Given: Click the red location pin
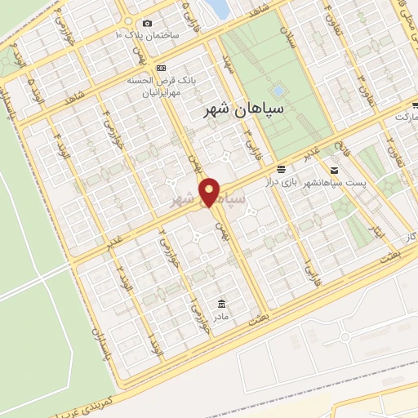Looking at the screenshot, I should pos(211,192).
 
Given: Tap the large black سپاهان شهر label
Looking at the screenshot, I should pos(243,109).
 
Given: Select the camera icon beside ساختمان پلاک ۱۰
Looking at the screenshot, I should pos(147,24).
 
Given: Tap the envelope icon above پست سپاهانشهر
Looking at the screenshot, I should pos(334,169).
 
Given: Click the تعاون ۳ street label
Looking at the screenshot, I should pos(359,82).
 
